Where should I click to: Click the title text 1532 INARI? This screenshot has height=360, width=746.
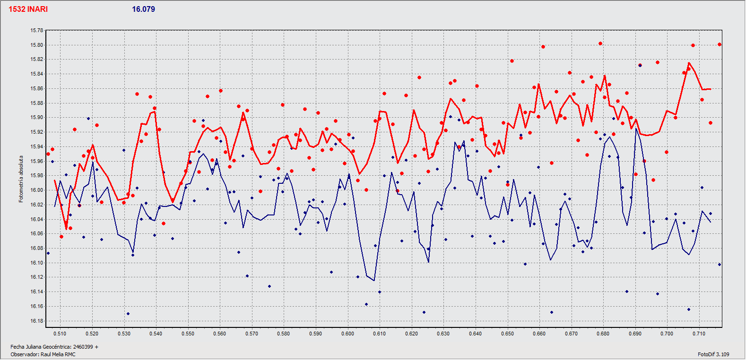pos(28,9)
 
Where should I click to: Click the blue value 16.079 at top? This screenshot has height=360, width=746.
pos(143,9)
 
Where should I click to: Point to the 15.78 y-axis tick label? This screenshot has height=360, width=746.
pos(37,31)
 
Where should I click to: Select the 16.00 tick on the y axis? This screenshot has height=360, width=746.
pos(37,190)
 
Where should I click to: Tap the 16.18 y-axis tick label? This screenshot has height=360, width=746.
pos(37,321)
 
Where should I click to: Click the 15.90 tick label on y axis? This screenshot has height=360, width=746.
pos(37,118)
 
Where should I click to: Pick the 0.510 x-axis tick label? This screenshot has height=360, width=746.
pos(60,334)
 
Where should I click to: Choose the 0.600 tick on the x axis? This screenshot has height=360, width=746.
pos(347,334)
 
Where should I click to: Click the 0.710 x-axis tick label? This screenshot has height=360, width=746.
pos(699,334)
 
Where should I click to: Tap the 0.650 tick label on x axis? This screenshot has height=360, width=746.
pos(507,334)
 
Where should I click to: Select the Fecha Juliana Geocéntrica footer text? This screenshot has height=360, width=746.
pos(54,347)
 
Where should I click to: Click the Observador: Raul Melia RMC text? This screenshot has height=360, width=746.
pos(43,354)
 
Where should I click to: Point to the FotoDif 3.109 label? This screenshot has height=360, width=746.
pos(713,354)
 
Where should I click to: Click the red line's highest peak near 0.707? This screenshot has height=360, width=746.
pos(689,63)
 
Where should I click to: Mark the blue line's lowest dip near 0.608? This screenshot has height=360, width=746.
pos(374,281)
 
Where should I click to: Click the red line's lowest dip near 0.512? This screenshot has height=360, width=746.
pos(66,229)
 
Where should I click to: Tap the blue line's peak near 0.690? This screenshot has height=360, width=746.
pos(636,129)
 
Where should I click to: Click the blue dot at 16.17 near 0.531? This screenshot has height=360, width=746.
pos(128,314)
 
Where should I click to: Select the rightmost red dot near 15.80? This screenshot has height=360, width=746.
pos(720,45)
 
